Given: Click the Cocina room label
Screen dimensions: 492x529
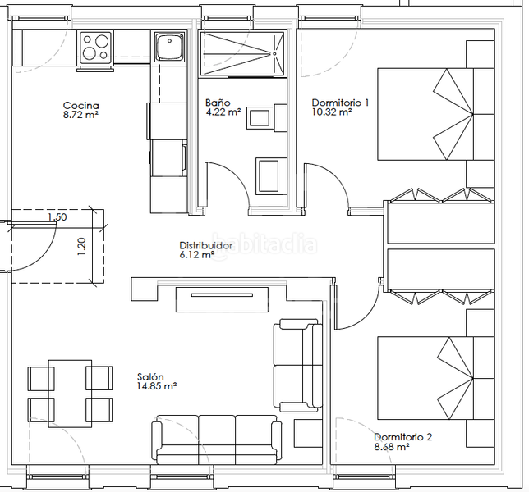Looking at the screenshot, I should click(81, 106).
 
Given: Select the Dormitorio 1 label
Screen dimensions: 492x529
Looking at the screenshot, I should click(340, 103).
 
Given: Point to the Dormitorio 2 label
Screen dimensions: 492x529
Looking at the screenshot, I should click(402, 437).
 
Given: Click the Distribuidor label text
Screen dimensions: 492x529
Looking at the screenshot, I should click(205, 245).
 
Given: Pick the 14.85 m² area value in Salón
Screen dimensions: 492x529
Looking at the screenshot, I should click(157, 385).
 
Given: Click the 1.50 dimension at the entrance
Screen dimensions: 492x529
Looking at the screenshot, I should click(57, 217).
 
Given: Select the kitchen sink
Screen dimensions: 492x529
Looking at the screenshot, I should click(170, 47).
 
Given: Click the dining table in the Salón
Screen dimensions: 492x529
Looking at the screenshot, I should click(70, 391).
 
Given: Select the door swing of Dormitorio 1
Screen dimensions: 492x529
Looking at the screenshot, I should click(326, 184).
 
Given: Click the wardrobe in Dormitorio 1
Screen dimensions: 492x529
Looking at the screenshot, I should click(440, 216).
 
